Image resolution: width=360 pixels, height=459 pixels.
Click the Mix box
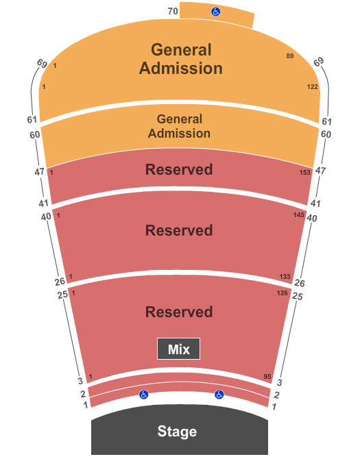(x=178, y=349)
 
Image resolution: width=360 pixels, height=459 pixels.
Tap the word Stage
(x=177, y=432)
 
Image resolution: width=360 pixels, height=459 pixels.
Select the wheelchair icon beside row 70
(x=215, y=12)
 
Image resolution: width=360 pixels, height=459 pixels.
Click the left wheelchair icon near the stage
(x=144, y=395)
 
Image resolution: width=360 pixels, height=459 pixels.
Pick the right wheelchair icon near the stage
(x=219, y=395)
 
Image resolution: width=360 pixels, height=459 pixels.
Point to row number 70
(x=173, y=11)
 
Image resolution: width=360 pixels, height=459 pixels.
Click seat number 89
(x=289, y=55)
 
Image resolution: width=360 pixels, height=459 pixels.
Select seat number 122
(x=312, y=87)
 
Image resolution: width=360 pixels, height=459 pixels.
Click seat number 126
(x=282, y=293)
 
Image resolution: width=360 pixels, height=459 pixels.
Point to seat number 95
(x=267, y=377)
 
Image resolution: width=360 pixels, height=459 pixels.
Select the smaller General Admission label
(x=179, y=126)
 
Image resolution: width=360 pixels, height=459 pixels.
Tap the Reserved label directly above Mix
(x=179, y=312)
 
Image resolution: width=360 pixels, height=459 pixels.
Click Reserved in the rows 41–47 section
(x=179, y=169)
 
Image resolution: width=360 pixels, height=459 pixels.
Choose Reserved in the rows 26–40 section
(x=179, y=230)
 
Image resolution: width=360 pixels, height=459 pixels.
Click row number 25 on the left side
(x=62, y=295)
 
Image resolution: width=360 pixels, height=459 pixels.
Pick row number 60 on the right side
(x=325, y=134)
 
